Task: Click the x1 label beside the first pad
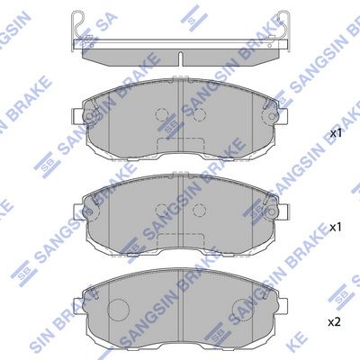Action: point(337,133)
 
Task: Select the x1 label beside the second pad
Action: point(337,228)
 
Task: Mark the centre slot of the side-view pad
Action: point(181,59)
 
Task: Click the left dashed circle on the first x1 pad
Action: point(161,115)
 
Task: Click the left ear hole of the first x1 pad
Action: point(87,116)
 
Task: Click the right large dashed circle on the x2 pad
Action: point(244,310)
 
